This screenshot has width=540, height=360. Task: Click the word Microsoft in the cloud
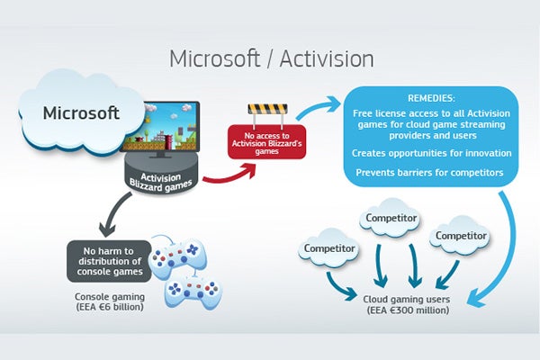pyautogui.click(x=82, y=115)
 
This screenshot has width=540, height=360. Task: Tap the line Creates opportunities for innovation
pyautogui.click(x=433, y=153)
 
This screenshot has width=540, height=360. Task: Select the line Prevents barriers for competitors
pyautogui.click(x=433, y=171)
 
